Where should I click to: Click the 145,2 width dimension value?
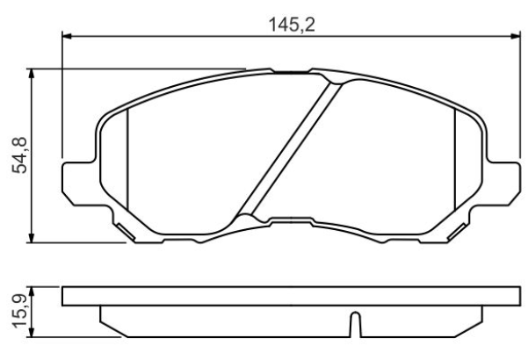point(292,25)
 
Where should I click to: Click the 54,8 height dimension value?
point(19,155)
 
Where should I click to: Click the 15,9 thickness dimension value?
point(19,311)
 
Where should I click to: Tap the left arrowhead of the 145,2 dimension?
point(67,36)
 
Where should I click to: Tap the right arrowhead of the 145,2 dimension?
point(516,36)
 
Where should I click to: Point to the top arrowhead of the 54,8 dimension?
point(32,74)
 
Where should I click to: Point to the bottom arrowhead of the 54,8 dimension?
point(32,237)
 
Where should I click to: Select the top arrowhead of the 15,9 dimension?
point(32,292)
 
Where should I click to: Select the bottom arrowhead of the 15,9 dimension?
point(32,332)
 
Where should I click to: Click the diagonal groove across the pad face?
point(290,148)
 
